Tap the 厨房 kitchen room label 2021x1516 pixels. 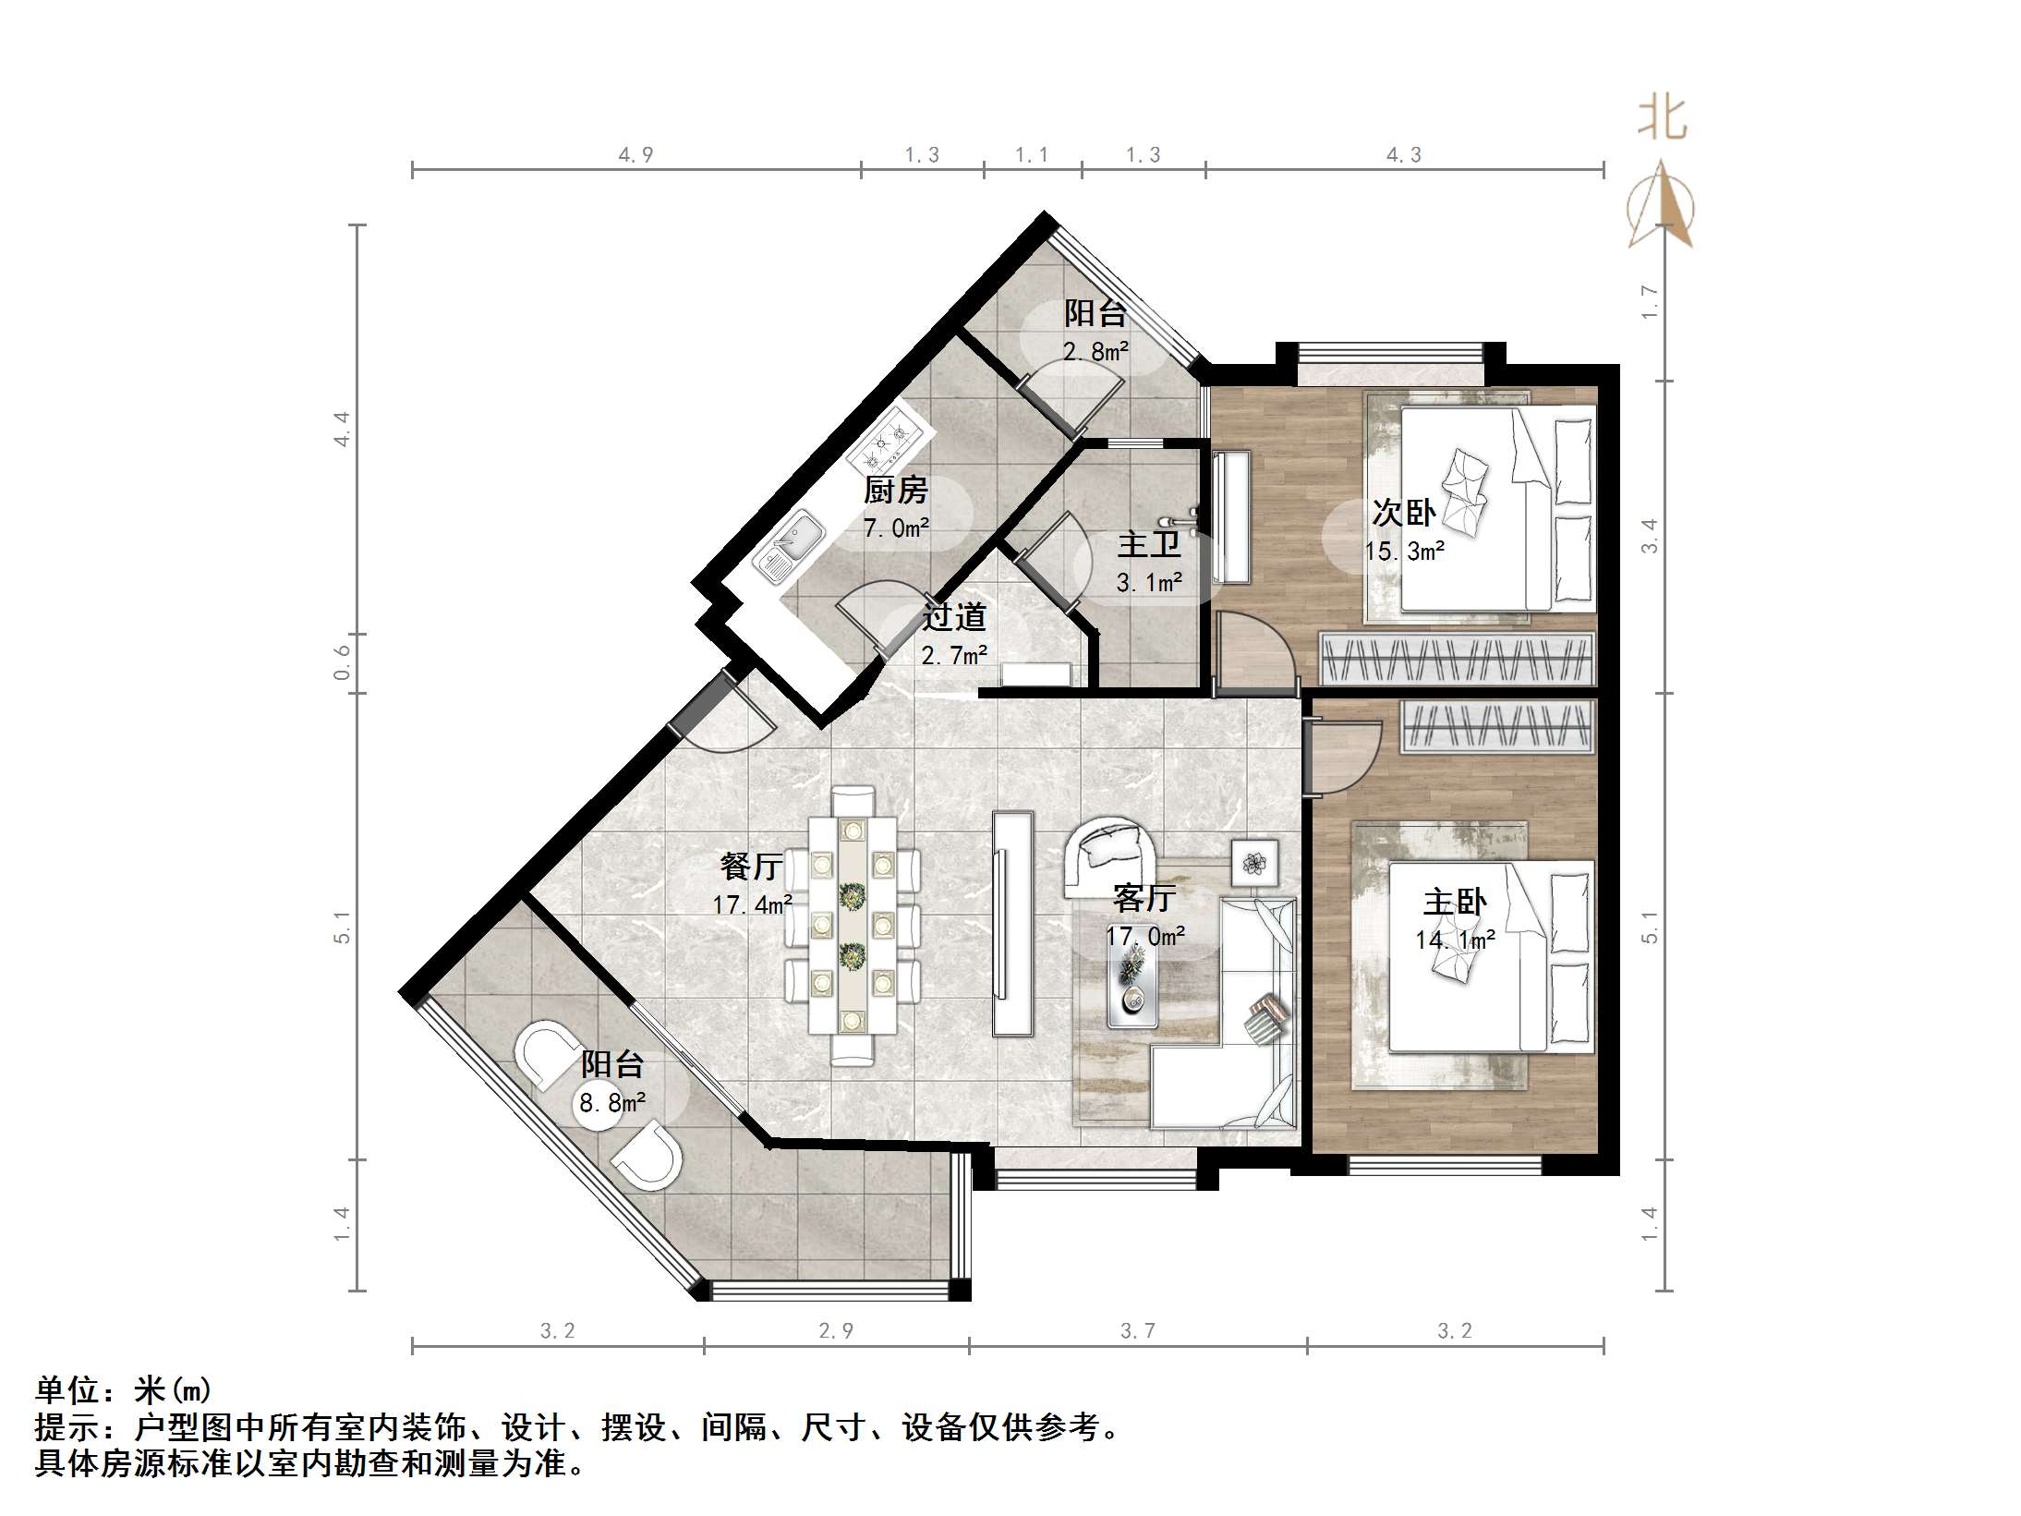[x=895, y=490]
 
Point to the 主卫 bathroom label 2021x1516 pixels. [x=1149, y=544]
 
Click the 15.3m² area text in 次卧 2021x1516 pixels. [x=1404, y=552]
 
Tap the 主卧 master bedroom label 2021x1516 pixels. [x=1455, y=901]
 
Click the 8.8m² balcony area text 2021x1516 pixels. [x=611, y=1103]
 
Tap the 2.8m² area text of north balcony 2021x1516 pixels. [x=1095, y=351]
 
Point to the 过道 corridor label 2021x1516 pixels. [x=954, y=616]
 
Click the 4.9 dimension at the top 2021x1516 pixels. [x=635, y=155]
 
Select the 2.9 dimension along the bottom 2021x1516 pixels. [x=836, y=1330]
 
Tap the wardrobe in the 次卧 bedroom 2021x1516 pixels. [x=1456, y=659]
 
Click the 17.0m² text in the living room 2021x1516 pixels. [x=1145, y=936]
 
